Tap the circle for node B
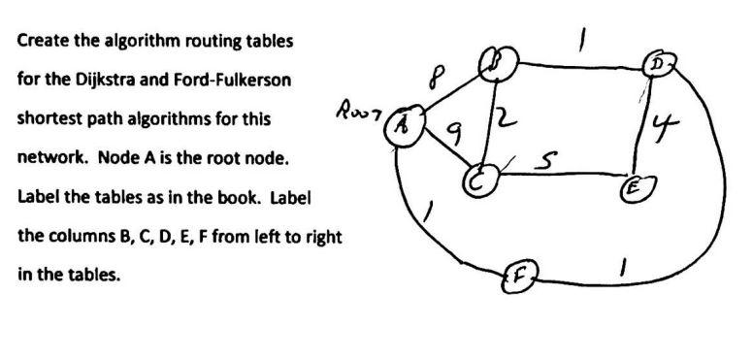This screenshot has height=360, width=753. [504, 63]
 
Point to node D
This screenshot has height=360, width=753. [667, 66]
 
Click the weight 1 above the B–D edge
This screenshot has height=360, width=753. [583, 38]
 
